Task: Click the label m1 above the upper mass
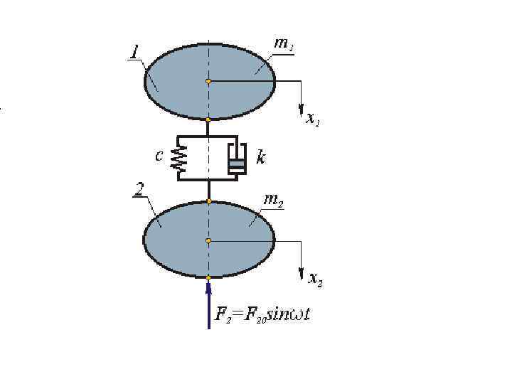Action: point(284,43)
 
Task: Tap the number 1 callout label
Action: point(134,52)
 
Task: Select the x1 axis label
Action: point(312,119)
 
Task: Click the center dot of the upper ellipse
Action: point(208,81)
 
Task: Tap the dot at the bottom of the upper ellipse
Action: point(208,120)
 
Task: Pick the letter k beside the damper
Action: point(261,157)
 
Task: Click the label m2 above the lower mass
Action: point(271,200)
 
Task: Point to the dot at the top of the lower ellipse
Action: point(208,201)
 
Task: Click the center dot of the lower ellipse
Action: point(208,241)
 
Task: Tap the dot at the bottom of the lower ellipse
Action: point(208,277)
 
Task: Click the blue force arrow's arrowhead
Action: point(208,287)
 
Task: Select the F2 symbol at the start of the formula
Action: point(223,314)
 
